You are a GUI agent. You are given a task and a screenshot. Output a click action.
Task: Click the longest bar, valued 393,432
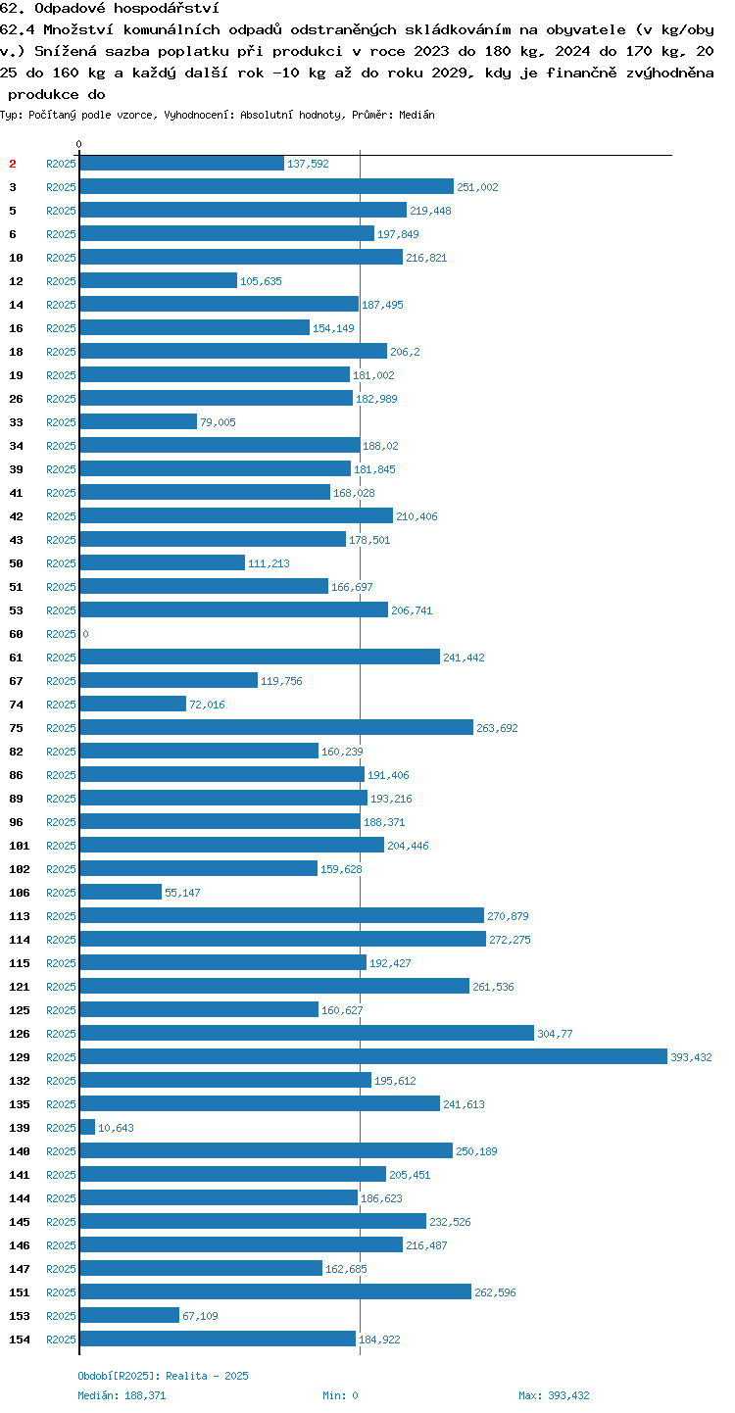point(373,1056)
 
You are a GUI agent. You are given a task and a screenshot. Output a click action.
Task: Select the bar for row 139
point(87,1127)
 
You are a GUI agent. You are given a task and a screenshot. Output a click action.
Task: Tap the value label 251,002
point(477,187)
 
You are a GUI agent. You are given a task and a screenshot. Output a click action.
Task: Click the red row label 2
point(13,164)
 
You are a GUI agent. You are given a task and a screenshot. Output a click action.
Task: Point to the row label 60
point(16,634)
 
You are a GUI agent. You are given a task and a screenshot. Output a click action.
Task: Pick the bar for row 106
point(122,892)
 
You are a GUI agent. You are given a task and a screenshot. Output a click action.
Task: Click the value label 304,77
point(556,1033)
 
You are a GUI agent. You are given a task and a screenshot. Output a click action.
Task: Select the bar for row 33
point(139,421)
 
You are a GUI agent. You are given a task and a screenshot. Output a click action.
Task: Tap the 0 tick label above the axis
point(78,144)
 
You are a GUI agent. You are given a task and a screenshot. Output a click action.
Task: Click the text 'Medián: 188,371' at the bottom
point(122,1395)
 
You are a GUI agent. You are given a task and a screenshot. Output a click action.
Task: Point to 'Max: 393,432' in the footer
point(554,1395)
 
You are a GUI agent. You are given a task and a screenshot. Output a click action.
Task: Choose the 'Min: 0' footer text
point(340,1395)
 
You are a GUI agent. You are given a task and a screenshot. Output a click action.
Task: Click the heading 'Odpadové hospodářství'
point(126,8)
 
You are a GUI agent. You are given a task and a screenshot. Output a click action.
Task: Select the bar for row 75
point(276,727)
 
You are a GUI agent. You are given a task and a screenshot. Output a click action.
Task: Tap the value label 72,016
point(207,705)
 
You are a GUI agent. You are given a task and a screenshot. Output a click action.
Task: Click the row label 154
point(20,1340)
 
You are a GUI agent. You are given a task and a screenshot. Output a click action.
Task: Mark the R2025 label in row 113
point(61,916)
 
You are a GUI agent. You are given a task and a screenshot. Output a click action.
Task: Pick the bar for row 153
point(130,1315)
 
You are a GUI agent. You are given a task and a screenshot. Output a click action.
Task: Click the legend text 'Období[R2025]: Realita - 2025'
point(163,1376)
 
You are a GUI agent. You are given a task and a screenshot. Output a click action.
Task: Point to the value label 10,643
point(116,1127)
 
